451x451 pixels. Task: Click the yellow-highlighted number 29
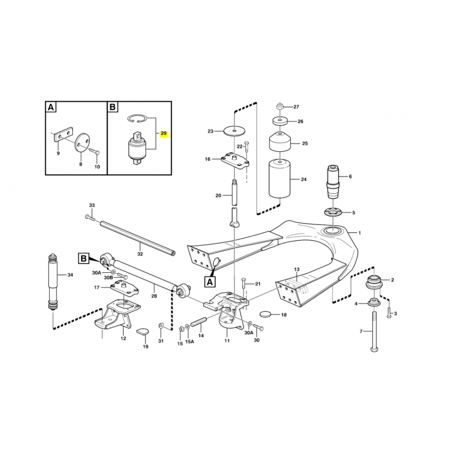click(x=163, y=134)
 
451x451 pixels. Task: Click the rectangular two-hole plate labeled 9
click(x=63, y=134)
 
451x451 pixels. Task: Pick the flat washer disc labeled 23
click(x=235, y=131)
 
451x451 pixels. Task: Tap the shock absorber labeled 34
click(x=53, y=282)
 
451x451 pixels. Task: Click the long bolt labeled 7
click(x=374, y=331)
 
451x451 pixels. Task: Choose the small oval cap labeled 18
click(x=266, y=314)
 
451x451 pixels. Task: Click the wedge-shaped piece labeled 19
click(x=143, y=331)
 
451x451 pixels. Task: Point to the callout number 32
click(x=140, y=254)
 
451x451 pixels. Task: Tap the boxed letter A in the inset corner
click(x=51, y=107)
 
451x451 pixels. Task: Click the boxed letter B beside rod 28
click(x=83, y=258)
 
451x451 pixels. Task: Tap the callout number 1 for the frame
click(x=360, y=233)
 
